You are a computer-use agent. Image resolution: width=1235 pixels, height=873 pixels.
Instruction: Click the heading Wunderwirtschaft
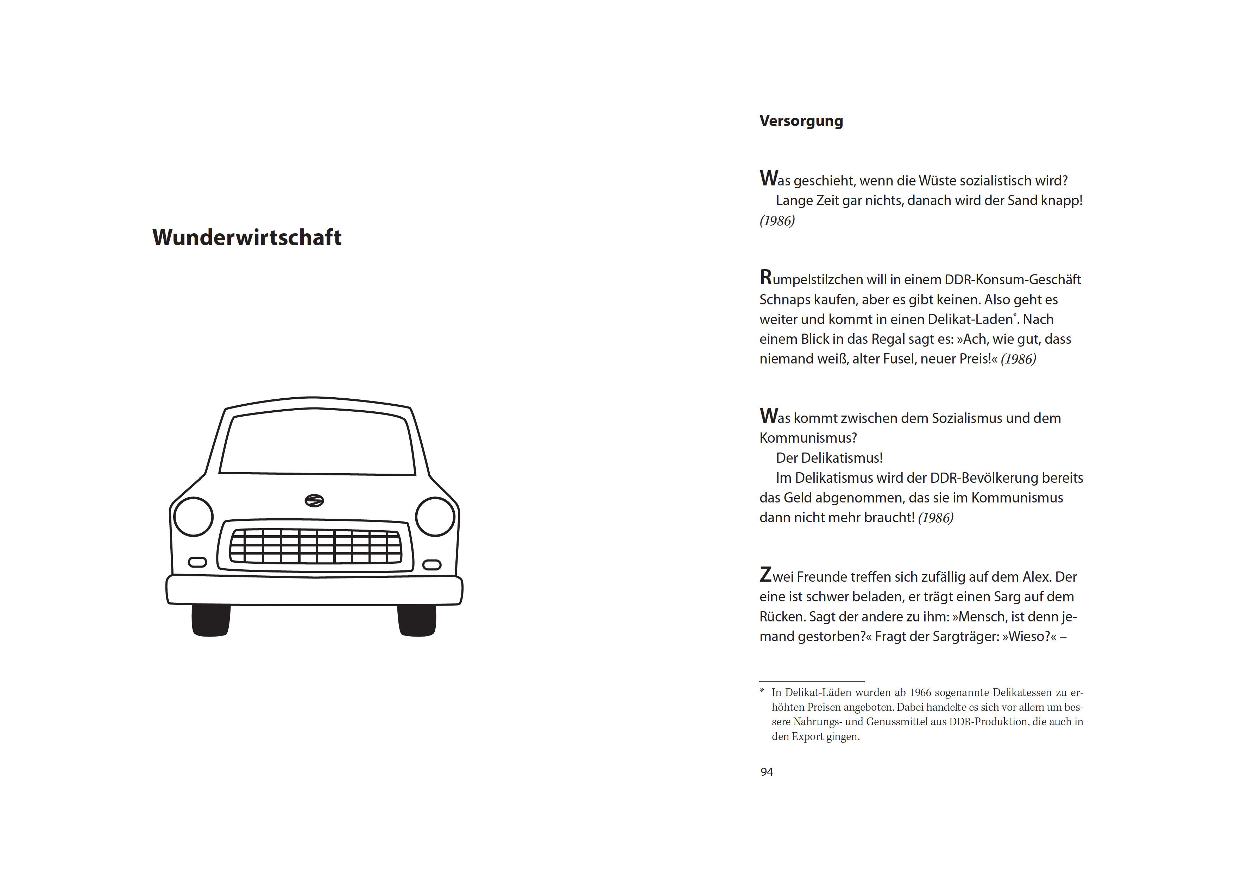point(247,237)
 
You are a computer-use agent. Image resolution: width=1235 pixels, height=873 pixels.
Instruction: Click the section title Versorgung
point(801,121)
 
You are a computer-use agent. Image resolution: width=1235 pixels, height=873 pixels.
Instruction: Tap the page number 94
point(767,772)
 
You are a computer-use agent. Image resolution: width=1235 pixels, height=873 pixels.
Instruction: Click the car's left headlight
point(194,517)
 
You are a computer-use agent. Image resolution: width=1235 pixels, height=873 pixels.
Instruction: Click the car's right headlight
point(435,517)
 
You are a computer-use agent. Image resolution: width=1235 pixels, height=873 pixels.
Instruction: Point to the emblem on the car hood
point(314,501)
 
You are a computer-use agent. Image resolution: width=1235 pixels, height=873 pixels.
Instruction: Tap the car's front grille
point(316,546)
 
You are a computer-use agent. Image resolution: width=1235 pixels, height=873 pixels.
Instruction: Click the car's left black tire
point(211,620)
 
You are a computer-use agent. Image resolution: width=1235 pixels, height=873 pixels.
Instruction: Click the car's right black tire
point(417,620)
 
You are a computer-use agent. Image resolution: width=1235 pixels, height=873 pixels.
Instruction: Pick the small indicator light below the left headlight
point(197,562)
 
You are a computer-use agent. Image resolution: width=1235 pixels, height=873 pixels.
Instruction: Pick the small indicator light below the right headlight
point(432,565)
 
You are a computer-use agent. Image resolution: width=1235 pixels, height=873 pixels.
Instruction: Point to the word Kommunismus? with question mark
point(808,438)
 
